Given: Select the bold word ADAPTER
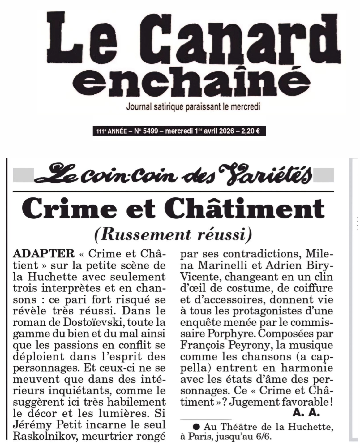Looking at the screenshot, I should click(x=43, y=254).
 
